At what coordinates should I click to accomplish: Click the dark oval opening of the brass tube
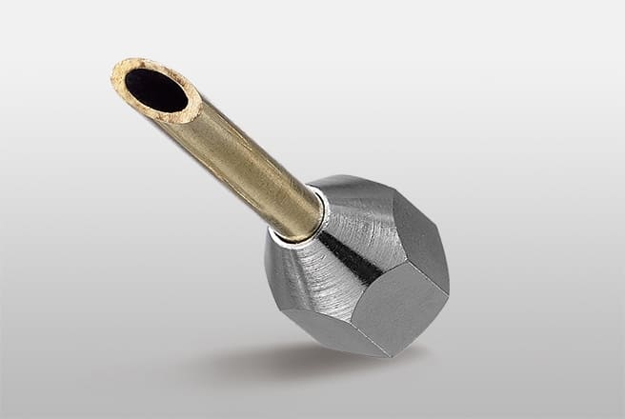156,90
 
